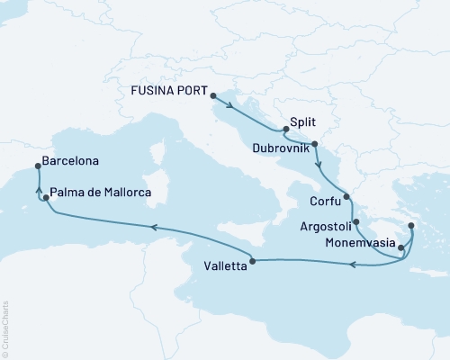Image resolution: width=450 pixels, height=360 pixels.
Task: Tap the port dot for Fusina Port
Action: [x=212, y=94]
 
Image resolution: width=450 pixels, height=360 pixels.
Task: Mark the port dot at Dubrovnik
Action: [x=315, y=145]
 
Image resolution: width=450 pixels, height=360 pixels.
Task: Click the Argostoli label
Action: [x=319, y=221]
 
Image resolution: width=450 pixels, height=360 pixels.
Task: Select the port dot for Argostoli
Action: [x=357, y=222]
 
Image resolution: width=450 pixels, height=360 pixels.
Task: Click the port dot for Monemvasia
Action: [x=400, y=241]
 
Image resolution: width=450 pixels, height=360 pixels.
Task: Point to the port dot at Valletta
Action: [x=252, y=262]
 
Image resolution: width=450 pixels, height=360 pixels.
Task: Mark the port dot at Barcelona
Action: [x=37, y=166]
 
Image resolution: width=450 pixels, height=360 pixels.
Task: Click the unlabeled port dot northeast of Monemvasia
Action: [x=410, y=226]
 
